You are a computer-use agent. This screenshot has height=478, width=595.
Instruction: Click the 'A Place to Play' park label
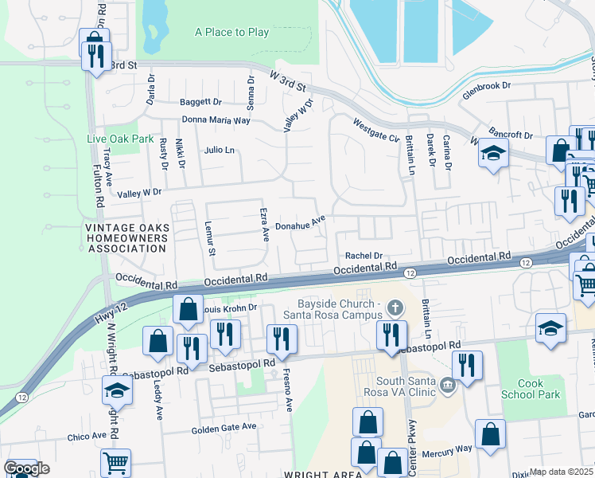pos(231,33)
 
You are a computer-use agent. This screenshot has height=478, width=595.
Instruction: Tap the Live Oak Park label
pos(120,139)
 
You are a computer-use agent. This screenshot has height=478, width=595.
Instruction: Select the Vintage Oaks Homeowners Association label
pos(115,238)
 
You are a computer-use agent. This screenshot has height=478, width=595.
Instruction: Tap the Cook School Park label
pos(531,389)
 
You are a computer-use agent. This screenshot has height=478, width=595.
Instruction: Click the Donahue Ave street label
pos(301,226)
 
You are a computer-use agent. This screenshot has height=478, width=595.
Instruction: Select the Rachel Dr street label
pos(364,256)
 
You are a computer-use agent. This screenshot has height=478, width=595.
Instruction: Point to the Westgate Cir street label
pos(376,127)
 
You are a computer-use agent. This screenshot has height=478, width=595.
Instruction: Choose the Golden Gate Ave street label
pos(224,427)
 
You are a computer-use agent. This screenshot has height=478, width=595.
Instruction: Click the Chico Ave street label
pos(87,437)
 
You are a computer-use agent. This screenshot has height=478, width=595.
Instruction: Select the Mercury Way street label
pos(449,449)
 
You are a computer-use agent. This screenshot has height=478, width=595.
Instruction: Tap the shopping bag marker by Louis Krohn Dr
pos(187,311)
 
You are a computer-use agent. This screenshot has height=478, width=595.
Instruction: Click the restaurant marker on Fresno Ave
pos(282,339)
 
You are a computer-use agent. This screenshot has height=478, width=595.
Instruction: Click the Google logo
pos(26,469)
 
